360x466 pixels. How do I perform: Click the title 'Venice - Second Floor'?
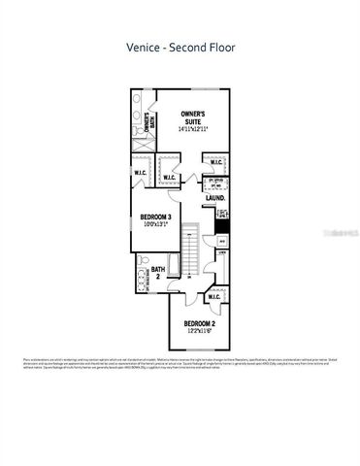tap(180, 46)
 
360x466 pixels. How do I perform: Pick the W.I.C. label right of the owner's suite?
tap(217, 163)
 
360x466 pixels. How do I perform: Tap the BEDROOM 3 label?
tap(155, 216)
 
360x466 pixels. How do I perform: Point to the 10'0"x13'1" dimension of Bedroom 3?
tap(155, 225)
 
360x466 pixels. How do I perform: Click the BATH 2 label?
tap(158, 273)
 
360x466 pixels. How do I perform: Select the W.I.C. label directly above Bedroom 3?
tap(169, 178)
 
